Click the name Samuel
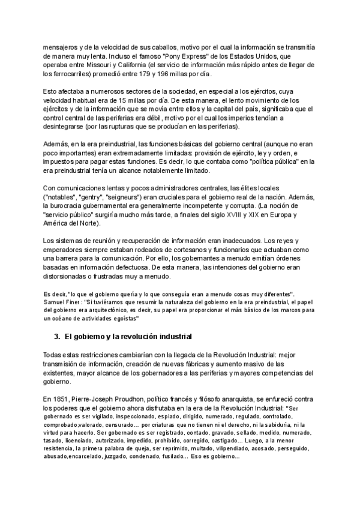pyautogui.click(x=55, y=301)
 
